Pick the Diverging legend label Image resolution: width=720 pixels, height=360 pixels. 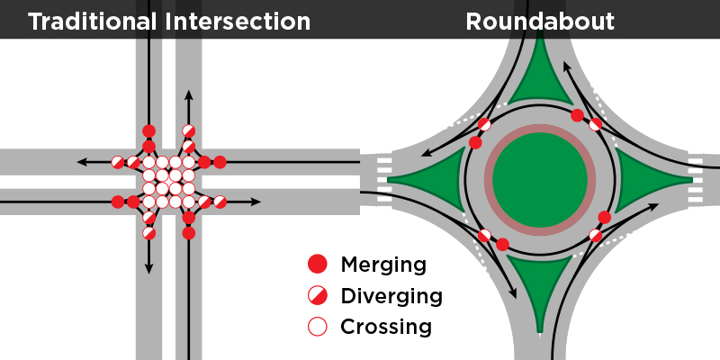pos(391,295)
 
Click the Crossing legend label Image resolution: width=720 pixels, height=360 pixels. pos(386,326)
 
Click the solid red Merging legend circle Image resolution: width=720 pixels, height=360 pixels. pos(317,265)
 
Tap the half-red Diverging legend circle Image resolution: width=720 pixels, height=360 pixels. pos(317,295)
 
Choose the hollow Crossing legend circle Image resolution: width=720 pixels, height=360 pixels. pos(317,326)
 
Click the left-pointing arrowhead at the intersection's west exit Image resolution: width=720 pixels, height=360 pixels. pos(82,162)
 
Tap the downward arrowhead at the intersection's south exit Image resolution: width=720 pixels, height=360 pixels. pos(148,267)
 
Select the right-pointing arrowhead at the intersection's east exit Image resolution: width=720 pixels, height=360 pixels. pos(256,202)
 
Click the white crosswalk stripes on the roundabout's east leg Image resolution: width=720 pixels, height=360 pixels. pos(696,176)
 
